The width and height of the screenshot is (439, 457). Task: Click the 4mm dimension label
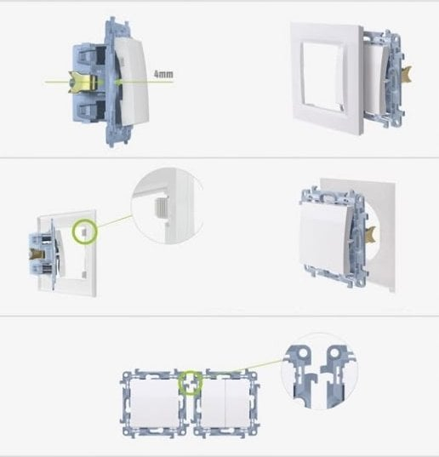click(x=163, y=74)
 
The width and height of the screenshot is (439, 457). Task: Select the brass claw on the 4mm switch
click(x=83, y=83)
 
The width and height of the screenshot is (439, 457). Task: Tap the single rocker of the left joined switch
click(x=154, y=403)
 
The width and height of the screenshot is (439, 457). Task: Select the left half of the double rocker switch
click(x=214, y=403)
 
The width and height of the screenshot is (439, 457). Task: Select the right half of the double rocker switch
click(x=237, y=403)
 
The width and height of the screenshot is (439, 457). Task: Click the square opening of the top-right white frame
click(x=322, y=77)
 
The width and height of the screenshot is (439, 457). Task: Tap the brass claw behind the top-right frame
click(x=407, y=75)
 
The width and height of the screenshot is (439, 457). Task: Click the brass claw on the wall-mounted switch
click(x=371, y=235)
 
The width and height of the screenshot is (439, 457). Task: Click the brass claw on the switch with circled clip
click(x=37, y=254)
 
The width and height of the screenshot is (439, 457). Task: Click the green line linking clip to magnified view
click(x=114, y=221)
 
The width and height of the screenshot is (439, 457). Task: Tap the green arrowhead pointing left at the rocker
click(x=117, y=83)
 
